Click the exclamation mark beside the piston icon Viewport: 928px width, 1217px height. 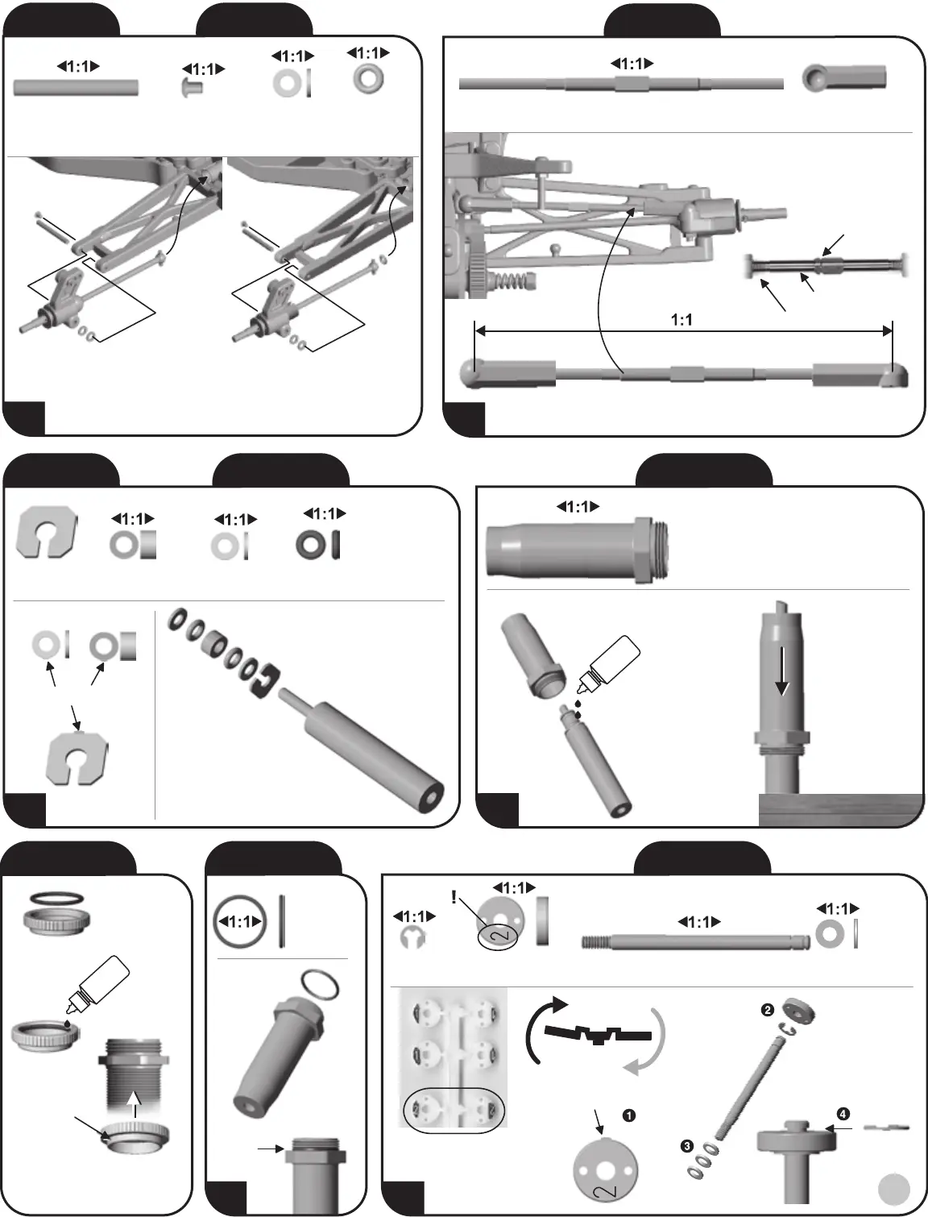[454, 898]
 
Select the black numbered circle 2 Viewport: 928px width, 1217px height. [768, 1010]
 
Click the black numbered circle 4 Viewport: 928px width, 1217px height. [843, 1114]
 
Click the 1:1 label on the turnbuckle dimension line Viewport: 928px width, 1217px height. [681, 320]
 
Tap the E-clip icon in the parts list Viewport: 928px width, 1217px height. [413, 937]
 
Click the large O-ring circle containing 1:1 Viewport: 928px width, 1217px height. [240, 922]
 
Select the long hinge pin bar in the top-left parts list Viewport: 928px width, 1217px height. [76, 87]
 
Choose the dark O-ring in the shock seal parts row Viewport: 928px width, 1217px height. [309, 544]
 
